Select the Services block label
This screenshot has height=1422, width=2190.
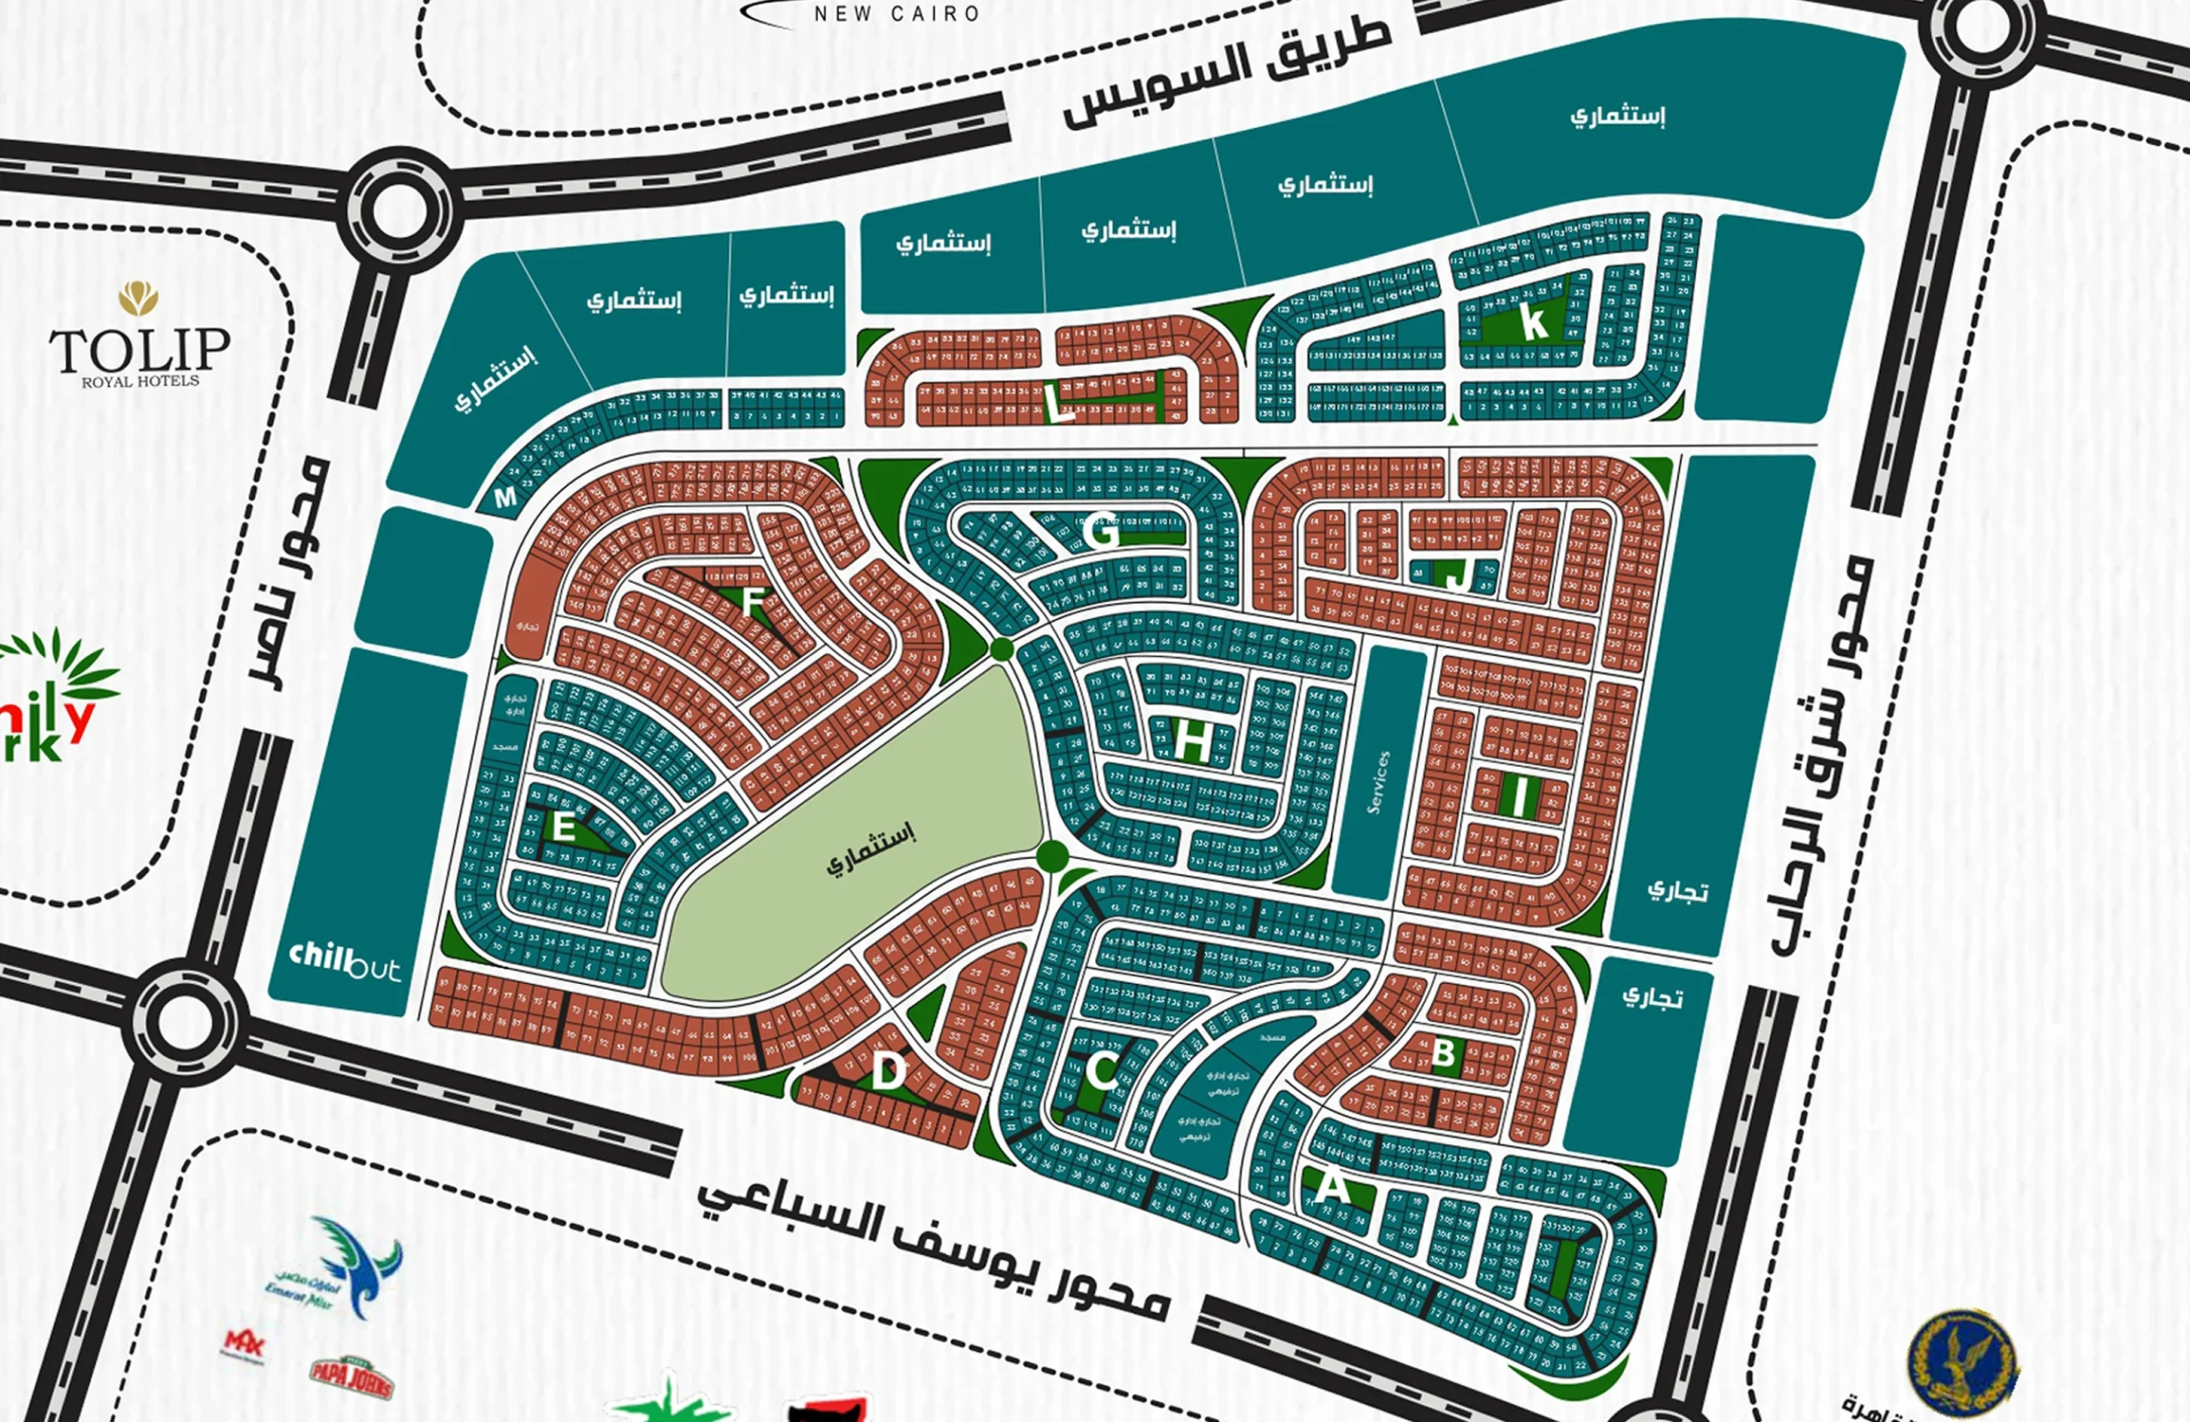pos(1377,782)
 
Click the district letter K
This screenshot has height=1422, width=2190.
pos(1533,323)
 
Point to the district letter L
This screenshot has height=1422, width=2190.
pos(1060,405)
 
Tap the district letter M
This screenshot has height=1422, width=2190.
pos(506,498)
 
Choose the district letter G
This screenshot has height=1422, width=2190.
pos(1102,534)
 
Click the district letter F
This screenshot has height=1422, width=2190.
pos(753,603)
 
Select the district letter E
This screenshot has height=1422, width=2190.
pos(563,827)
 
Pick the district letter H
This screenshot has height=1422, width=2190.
pos(1193,740)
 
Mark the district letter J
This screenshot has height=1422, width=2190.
pos(1455,575)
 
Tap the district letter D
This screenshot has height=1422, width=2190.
pos(888,1072)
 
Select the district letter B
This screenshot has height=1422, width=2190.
pos(1444,1052)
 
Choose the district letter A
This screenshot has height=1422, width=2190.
pos(1331,1188)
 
